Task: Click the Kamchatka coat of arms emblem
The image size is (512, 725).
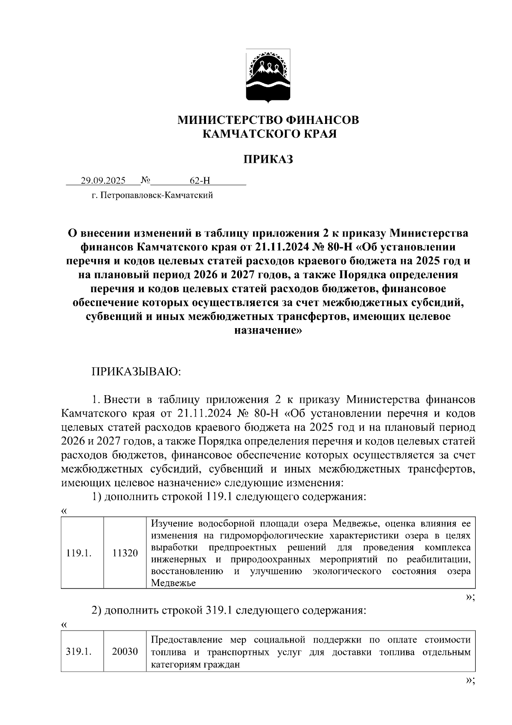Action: pos(268,76)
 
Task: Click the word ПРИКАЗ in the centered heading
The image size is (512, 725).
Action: pos(268,159)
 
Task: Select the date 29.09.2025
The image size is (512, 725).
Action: pos(103,181)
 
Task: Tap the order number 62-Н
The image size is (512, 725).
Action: pos(200,181)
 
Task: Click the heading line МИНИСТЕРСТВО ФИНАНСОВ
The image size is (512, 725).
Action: pos(268,120)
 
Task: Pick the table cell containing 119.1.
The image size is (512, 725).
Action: pos(79,553)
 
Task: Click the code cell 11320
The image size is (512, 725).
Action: pos(125,553)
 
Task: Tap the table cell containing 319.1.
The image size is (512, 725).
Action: pos(79,652)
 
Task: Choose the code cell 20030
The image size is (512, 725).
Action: pos(125,652)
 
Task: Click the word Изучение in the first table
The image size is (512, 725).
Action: pos(170,524)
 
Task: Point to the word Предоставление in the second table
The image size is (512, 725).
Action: pos(187,640)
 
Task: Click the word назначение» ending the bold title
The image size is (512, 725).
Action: pos(268,330)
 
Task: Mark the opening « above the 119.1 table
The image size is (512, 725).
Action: pos(64,511)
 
